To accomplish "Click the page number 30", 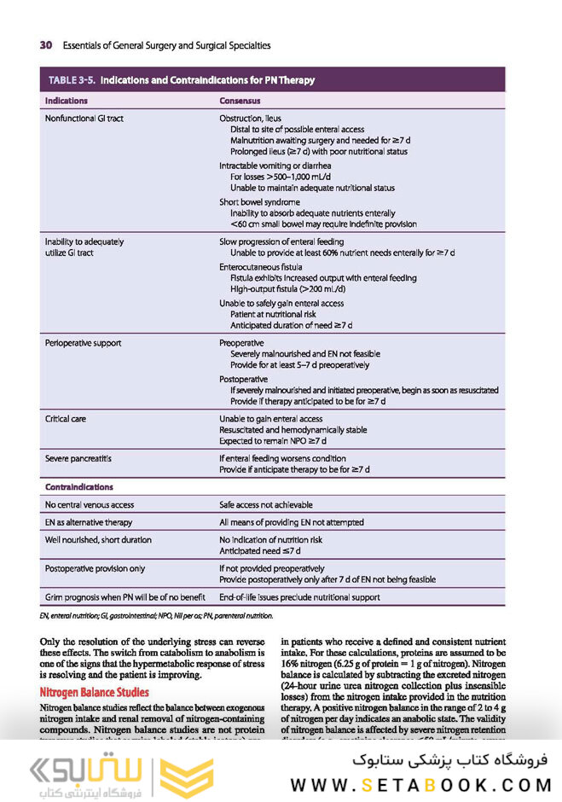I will point(46,44).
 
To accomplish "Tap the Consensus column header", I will point(240,101).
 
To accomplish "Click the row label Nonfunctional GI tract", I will point(84,118).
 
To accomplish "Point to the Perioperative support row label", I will point(83,342).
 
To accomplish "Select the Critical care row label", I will point(66,419).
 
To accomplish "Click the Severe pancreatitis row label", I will point(78,458).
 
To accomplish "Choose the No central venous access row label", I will point(89,504).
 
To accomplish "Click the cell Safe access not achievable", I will point(266,504).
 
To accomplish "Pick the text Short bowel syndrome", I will point(259,202).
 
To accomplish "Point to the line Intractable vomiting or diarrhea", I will point(275,166).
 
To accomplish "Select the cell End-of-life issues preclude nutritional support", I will point(299,597).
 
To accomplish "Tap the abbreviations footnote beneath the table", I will point(156,614).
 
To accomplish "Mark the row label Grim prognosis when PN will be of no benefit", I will point(123,597).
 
